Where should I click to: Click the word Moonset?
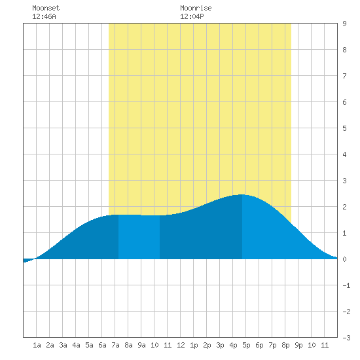click(46, 8)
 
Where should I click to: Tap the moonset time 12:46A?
click(44, 16)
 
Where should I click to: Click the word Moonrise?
click(196, 8)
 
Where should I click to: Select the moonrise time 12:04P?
click(192, 16)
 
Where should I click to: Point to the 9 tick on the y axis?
click(344, 24)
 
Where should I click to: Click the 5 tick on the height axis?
click(344, 128)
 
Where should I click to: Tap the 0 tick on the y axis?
click(344, 259)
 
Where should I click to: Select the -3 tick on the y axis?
click(346, 338)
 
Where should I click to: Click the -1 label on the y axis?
click(346, 285)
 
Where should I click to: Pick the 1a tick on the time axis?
click(37, 345)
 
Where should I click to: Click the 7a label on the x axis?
click(115, 345)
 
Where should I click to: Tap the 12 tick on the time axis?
click(181, 345)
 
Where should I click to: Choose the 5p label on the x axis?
click(246, 345)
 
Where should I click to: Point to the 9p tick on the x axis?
click(298, 345)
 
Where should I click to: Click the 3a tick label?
click(63, 345)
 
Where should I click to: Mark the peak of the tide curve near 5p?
click(242, 194)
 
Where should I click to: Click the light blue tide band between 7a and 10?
click(139, 237)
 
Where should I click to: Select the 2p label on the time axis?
click(207, 345)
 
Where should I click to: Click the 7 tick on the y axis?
click(344, 76)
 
